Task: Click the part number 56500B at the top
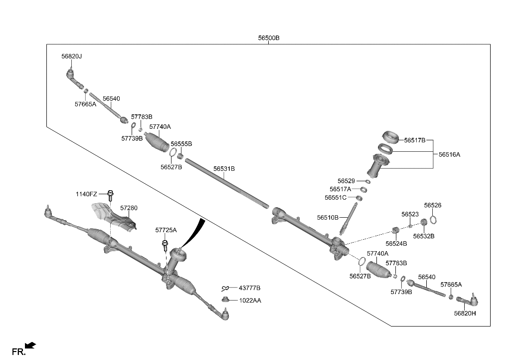(269, 38)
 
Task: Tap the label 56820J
(71, 56)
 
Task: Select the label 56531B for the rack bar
(224, 169)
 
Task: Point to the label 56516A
(449, 155)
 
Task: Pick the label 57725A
(166, 230)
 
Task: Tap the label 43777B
(250, 288)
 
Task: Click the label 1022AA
(250, 301)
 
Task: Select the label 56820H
(465, 313)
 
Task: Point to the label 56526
(433, 205)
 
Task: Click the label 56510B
(328, 217)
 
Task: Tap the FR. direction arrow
(30, 345)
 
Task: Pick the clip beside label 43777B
(226, 288)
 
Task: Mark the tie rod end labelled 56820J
(73, 76)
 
